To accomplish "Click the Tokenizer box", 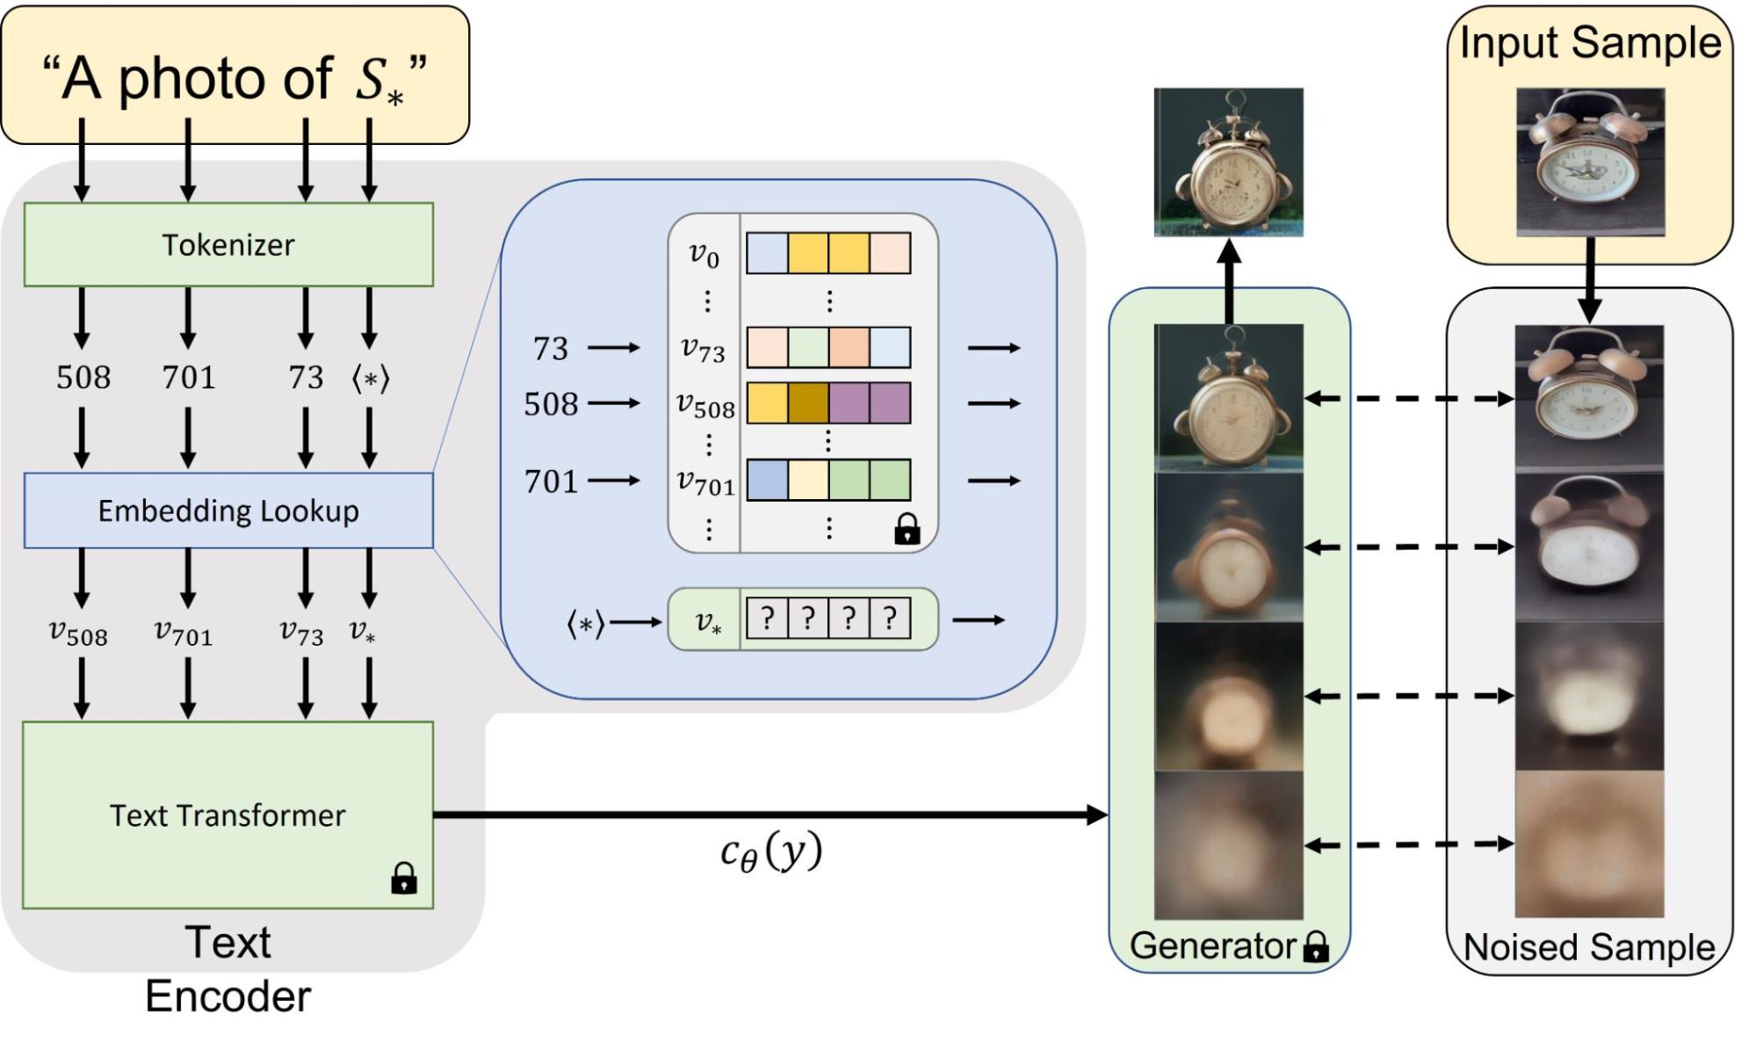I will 228,244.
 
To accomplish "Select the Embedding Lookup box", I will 228,510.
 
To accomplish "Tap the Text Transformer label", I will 228,815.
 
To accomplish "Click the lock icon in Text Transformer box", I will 404,878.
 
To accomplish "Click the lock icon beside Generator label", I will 1315,946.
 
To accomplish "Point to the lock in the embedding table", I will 907,529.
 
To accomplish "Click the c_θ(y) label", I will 770,851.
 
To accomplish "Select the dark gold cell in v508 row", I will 808,403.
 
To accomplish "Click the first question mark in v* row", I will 767,619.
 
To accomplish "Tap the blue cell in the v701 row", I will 767,481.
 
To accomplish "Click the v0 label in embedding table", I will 704,254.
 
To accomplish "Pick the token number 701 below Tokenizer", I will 188,378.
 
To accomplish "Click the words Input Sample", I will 1590,42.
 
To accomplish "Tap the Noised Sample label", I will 1588,947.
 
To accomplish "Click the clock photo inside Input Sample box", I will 1590,162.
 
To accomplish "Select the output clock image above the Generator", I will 1228,162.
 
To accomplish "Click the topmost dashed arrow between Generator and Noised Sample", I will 1409,399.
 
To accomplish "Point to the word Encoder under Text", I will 228,996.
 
